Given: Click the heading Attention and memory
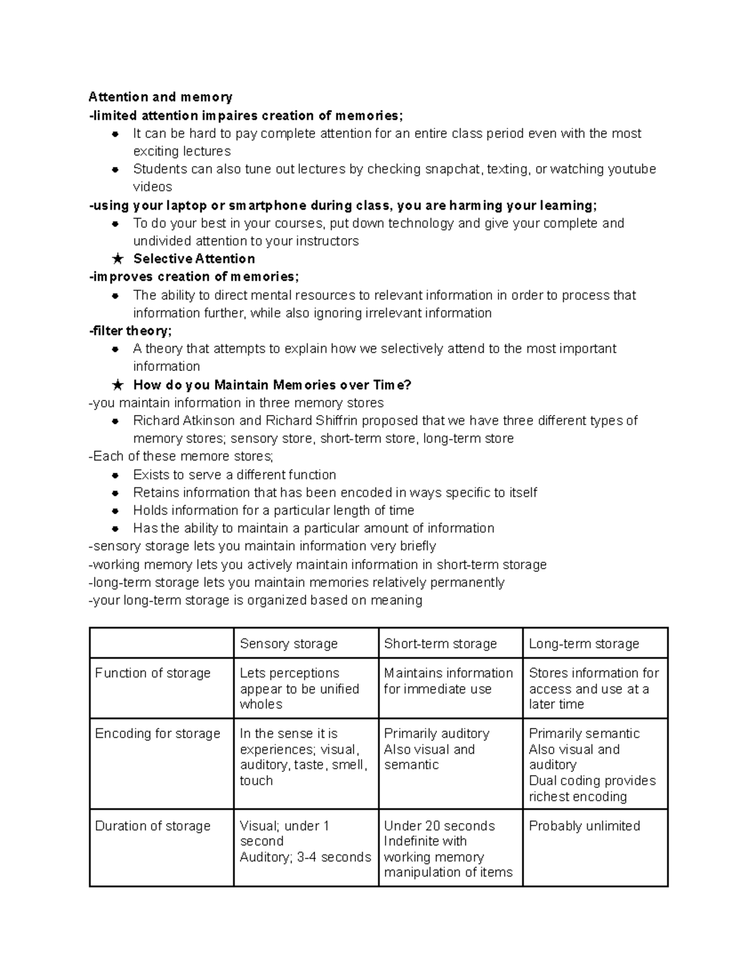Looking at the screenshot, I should point(160,97).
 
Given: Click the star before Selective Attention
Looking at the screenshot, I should point(117,259).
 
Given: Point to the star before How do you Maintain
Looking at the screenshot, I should point(117,385).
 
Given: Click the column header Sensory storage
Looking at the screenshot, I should point(289,644).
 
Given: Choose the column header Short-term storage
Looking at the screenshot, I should point(440,644).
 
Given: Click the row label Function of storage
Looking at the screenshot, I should point(152,673).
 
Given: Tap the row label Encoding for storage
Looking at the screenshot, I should point(157,734).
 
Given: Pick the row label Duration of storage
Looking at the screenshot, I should point(152,826).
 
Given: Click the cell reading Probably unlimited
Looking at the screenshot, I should point(584,826).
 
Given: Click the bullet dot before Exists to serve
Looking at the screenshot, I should point(115,475).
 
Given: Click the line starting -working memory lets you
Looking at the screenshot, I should point(318,565).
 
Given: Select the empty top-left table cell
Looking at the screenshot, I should point(161,643).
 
